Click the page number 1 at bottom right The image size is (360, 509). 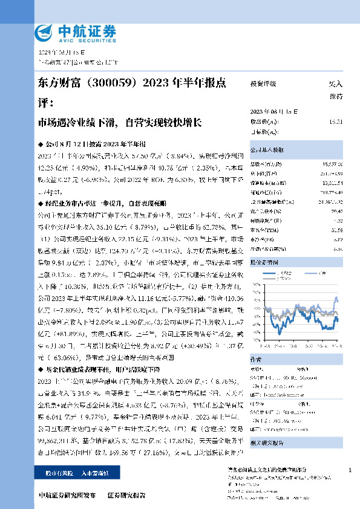(350, 470)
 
